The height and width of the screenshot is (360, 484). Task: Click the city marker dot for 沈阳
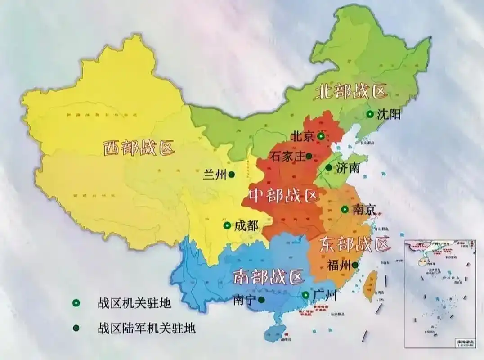pyautogui.click(x=370, y=114)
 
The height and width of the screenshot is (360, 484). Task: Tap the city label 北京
pyautogui.click(x=302, y=136)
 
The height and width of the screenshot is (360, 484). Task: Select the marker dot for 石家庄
pyautogui.click(x=309, y=156)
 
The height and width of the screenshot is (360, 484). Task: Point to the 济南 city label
pyautogui.click(x=348, y=168)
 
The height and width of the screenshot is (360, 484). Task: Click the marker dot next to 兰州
pyautogui.click(x=231, y=174)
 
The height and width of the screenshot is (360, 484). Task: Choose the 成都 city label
pyautogui.click(x=246, y=225)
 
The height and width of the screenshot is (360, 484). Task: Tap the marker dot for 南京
pyautogui.click(x=344, y=209)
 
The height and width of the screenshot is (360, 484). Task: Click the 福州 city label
pyautogui.click(x=339, y=265)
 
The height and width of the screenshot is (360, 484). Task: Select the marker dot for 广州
pyautogui.click(x=305, y=295)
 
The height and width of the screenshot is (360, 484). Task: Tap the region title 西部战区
pyautogui.click(x=139, y=148)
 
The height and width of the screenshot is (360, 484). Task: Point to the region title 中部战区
pyautogui.click(x=283, y=195)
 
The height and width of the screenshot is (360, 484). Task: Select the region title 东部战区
pyautogui.click(x=354, y=245)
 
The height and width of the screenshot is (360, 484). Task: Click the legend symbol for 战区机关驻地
pyautogui.click(x=76, y=304)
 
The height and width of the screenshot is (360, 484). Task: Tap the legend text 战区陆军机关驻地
pyautogui.click(x=146, y=328)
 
